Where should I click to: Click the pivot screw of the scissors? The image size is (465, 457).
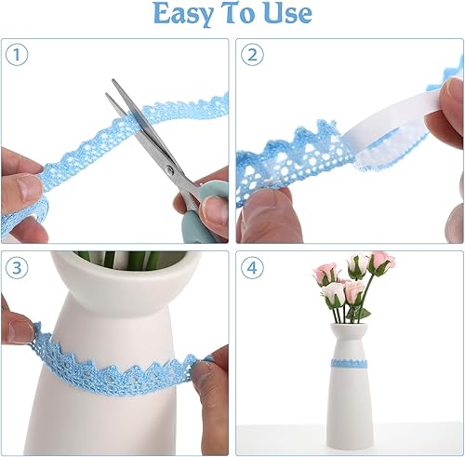(170, 168)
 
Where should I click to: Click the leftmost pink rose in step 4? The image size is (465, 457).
(325, 273)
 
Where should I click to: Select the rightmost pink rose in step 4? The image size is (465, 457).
(379, 264)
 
